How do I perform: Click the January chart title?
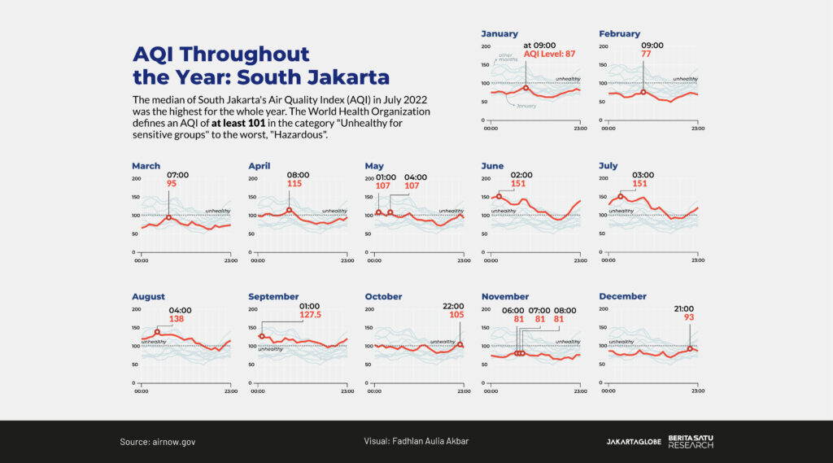tap(499, 34)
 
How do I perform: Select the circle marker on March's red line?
tap(168, 217)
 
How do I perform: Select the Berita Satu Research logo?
tap(691, 442)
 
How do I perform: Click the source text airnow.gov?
tap(158, 442)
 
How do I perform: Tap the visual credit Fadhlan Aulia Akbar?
tap(416, 442)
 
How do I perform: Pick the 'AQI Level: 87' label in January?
tap(550, 54)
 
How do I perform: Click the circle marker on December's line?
tap(690, 349)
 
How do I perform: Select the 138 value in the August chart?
tap(177, 319)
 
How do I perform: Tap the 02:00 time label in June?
tap(521, 175)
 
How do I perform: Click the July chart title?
tap(608, 166)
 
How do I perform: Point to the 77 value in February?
tap(646, 54)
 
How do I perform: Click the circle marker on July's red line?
tap(621, 196)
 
